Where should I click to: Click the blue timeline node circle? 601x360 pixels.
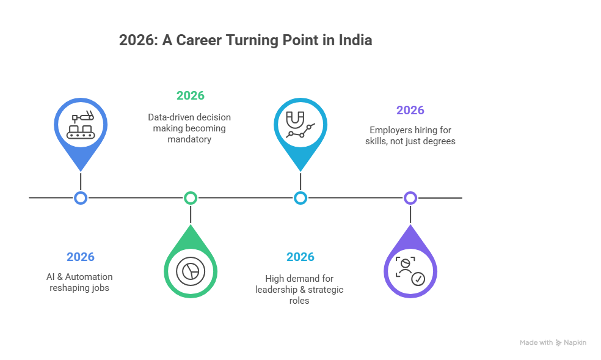pyautogui.click(x=81, y=197)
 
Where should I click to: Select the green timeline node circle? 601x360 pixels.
pyautogui.click(x=191, y=197)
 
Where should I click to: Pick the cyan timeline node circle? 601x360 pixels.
pyautogui.click(x=300, y=197)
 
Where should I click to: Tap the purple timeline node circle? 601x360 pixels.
pyautogui.click(x=410, y=197)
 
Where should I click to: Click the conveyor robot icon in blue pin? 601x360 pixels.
pyautogui.click(x=81, y=125)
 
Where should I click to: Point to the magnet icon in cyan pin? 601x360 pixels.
pyautogui.click(x=300, y=125)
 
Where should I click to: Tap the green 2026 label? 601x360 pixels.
pyautogui.click(x=191, y=96)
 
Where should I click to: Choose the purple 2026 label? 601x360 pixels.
pyautogui.click(x=410, y=111)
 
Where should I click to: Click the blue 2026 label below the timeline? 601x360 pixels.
pyautogui.click(x=81, y=257)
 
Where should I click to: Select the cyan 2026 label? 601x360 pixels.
pyautogui.click(x=300, y=257)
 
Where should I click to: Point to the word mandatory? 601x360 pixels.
pyautogui.click(x=190, y=139)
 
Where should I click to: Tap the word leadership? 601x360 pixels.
pyautogui.click(x=277, y=289)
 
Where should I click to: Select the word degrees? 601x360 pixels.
pyautogui.click(x=440, y=141)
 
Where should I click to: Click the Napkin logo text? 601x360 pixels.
pyautogui.click(x=575, y=343)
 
